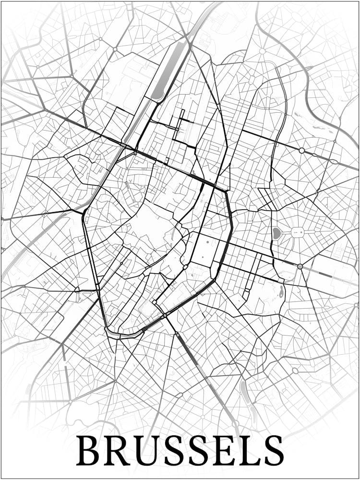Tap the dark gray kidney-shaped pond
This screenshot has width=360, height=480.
pyautogui.click(x=277, y=234)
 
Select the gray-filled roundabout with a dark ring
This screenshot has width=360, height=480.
pyautogui.click(x=300, y=266)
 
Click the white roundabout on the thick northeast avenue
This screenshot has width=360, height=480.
pyautogui.click(x=301, y=151)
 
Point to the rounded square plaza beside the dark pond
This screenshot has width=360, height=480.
pyautogui.click(x=297, y=233)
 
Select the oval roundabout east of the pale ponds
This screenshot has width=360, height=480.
pyautogui.click(x=295, y=371)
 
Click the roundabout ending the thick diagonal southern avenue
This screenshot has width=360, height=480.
pyautogui.click(x=236, y=423)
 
